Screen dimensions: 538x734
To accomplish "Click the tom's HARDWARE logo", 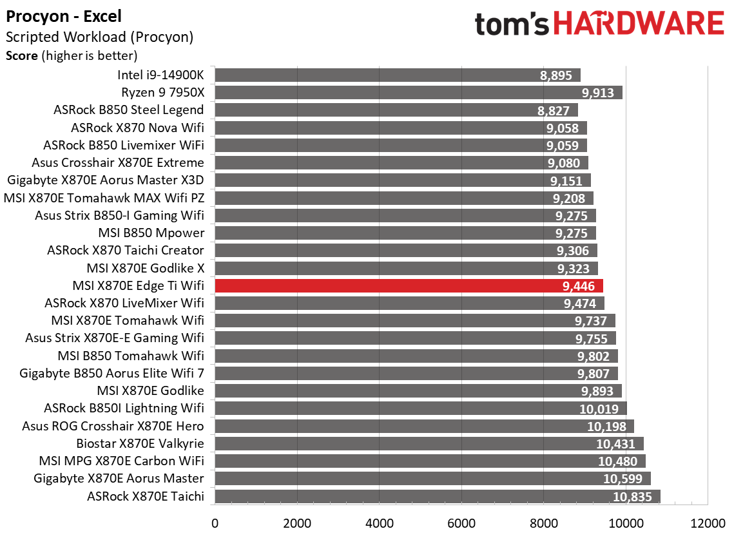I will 599,24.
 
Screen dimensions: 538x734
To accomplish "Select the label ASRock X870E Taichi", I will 145,496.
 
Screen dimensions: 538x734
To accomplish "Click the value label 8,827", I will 553,110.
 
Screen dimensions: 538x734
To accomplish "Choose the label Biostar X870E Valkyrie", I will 140,443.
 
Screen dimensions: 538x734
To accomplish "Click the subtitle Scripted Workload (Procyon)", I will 99,37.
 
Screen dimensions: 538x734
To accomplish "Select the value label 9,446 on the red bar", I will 578,285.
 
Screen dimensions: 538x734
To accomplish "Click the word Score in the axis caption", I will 21,55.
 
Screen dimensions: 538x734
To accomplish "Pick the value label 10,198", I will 606,427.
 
